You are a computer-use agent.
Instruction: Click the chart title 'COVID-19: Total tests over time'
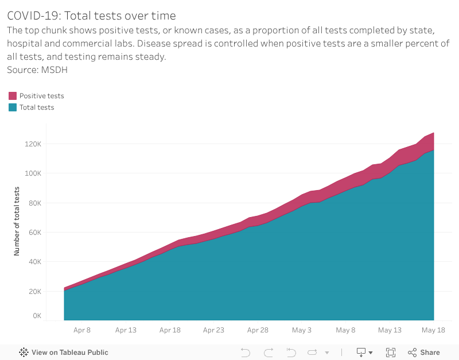tap(91, 16)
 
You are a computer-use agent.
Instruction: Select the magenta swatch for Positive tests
tap(13, 96)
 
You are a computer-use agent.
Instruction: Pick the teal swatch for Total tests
tap(13, 107)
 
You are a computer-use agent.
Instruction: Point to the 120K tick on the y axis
tap(49, 144)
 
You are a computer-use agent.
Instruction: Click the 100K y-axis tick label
tap(49, 173)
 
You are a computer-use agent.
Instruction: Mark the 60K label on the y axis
tap(50, 233)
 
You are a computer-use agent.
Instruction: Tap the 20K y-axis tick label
tap(50, 291)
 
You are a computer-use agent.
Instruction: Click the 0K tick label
tap(52, 316)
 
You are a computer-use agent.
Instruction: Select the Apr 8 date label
tap(82, 330)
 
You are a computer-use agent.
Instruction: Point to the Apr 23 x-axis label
tap(213, 330)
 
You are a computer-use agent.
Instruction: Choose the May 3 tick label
tap(302, 330)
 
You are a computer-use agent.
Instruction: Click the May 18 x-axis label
tap(434, 330)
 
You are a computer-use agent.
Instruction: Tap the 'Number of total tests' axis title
tap(17, 221)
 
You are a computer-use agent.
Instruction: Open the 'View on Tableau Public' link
tap(64, 353)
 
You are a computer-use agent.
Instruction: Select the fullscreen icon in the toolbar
tap(391, 353)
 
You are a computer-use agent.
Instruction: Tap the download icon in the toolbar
tap(362, 353)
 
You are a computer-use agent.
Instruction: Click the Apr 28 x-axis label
tap(258, 330)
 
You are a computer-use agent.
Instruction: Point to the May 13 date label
tap(390, 330)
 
